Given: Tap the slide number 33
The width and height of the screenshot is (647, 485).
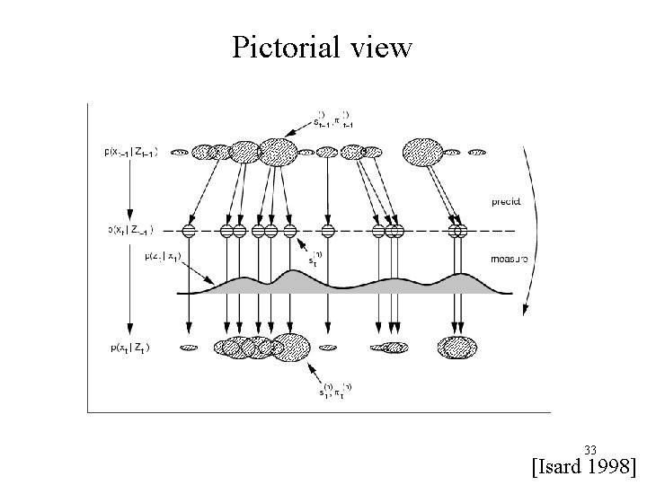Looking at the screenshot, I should [x=590, y=449].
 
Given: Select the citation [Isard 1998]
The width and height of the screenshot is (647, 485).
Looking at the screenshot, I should [x=584, y=466].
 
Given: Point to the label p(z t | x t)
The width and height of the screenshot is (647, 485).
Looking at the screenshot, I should [x=161, y=256].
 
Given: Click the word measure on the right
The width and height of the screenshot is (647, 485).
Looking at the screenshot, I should [x=510, y=259].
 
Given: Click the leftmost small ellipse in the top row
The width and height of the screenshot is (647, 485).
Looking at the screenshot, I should [x=180, y=153].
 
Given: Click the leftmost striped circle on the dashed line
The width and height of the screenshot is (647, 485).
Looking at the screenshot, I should [x=190, y=231].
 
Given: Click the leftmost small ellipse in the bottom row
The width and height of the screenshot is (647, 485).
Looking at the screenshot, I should [x=189, y=347].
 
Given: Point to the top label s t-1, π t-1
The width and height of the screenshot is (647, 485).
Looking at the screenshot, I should [x=329, y=119].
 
